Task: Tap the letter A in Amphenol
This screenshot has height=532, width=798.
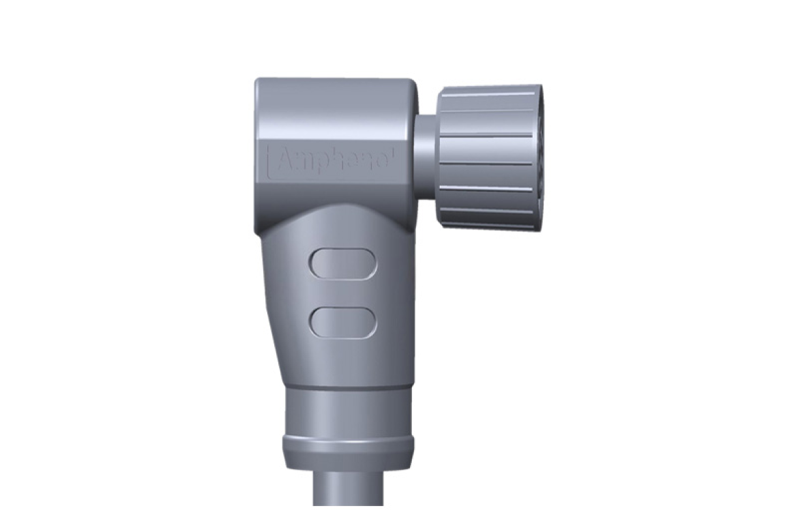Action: (x=285, y=161)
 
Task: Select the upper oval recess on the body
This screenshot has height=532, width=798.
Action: (x=343, y=263)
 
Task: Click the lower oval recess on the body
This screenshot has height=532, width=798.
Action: (x=343, y=323)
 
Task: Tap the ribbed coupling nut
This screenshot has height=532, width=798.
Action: (x=488, y=157)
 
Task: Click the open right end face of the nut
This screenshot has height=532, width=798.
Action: (x=539, y=157)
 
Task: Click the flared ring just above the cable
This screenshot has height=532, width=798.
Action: (x=348, y=447)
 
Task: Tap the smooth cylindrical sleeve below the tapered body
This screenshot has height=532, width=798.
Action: (x=348, y=413)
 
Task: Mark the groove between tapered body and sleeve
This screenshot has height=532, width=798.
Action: (x=348, y=388)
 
